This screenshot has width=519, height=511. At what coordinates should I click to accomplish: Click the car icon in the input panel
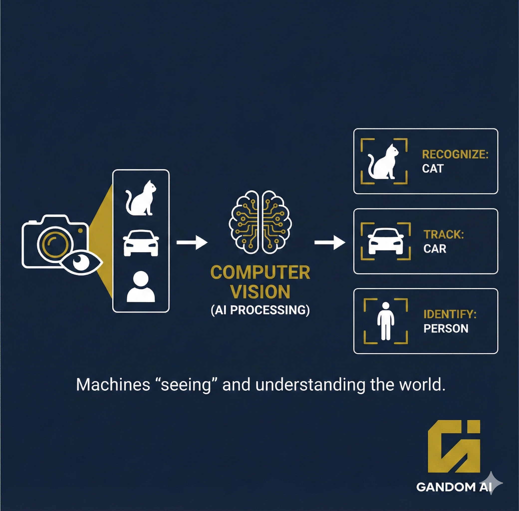[x=141, y=243]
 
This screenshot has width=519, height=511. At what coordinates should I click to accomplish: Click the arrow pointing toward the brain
[x=192, y=243]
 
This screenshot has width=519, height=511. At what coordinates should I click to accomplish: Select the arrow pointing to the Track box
[x=330, y=243]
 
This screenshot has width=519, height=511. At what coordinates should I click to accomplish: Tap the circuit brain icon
[x=260, y=222]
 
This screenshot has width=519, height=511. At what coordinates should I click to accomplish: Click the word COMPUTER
[x=260, y=273]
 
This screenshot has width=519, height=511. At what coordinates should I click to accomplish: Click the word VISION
[x=260, y=292]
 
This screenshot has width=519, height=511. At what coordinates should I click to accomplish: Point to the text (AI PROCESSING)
[x=260, y=310]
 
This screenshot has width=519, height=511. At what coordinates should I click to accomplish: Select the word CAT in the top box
[x=433, y=168]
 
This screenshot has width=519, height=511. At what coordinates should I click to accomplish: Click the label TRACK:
[x=443, y=234]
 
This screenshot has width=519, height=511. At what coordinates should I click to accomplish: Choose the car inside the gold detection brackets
[x=385, y=241]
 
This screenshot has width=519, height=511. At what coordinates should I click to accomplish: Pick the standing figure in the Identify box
[x=386, y=321]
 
